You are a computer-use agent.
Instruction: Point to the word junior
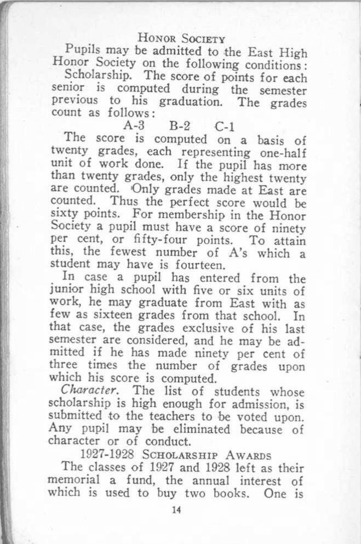pos(80,291)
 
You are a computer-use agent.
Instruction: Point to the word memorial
pos(87,482)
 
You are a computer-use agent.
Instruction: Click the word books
pos(233,494)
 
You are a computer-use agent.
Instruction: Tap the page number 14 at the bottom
pos(176,511)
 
